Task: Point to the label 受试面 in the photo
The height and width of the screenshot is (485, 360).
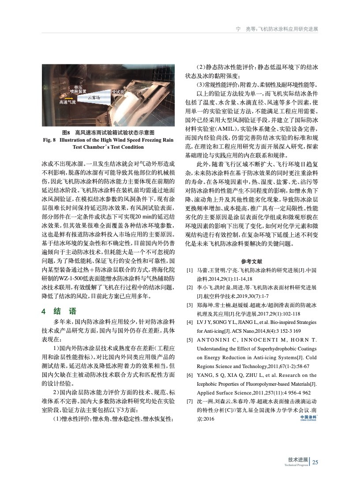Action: tap(118, 92)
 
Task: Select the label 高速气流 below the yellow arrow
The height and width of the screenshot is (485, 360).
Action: tap(67, 102)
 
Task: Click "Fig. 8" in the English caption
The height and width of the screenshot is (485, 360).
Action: tap(50, 140)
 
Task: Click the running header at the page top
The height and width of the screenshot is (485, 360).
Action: tap(277, 29)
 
